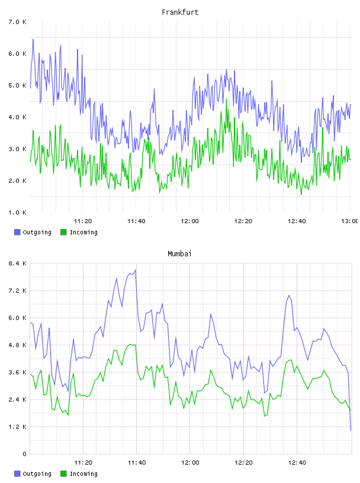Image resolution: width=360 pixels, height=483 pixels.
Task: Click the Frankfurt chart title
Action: point(180,12)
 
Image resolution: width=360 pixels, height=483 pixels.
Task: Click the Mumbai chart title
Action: point(179,254)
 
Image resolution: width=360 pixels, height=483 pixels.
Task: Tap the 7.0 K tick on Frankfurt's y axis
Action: point(17,22)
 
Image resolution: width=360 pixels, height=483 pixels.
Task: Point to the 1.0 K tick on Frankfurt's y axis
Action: point(17,212)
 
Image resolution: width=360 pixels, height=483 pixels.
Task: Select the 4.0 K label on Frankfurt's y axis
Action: point(17,117)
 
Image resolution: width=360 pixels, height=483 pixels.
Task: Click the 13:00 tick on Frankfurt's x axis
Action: point(350,221)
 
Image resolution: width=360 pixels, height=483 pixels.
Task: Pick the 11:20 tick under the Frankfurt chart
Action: point(83,221)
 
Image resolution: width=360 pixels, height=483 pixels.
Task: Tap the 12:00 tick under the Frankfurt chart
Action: point(190,221)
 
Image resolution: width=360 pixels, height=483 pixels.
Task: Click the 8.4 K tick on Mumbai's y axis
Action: point(17,263)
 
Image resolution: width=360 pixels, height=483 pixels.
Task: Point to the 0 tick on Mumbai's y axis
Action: point(24,454)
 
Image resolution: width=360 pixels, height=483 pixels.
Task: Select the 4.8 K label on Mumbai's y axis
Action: point(17,345)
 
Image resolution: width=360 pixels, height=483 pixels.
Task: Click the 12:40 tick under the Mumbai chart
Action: point(297,462)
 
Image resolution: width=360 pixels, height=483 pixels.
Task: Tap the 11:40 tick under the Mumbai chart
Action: point(137,462)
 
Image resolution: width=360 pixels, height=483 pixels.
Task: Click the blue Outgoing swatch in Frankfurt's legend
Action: point(17,232)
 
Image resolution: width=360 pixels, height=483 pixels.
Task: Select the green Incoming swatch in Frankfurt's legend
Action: point(63,232)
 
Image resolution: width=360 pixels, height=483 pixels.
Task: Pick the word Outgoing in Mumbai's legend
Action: point(37,474)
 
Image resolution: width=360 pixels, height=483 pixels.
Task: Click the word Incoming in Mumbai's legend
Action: point(83,474)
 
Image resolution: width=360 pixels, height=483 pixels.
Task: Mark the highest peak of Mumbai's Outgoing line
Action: point(136,270)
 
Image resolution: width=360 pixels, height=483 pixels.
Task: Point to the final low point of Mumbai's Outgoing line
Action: point(351,430)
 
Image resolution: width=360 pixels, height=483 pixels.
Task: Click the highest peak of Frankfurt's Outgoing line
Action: point(33,39)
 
